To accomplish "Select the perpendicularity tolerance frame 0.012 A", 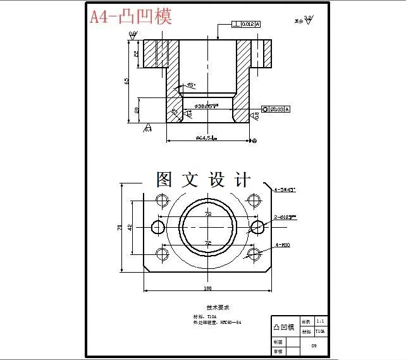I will (x=247, y=24).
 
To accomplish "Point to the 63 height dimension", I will (x=127, y=81).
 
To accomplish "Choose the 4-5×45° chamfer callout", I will (x=285, y=189).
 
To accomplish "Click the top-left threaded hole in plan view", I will (x=161, y=200).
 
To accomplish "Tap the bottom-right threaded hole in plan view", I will (x=254, y=254).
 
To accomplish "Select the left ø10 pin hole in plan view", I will (x=157, y=227).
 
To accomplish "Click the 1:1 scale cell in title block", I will (x=321, y=321).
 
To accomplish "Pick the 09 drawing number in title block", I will (x=314, y=345).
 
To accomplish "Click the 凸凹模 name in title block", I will (x=284, y=326).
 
